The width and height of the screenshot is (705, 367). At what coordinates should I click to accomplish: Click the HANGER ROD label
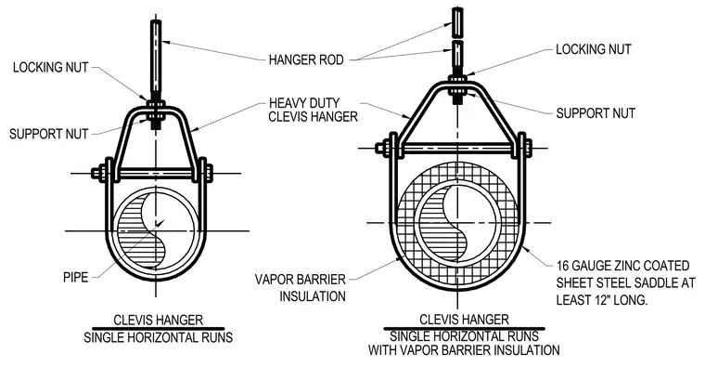(x=306, y=59)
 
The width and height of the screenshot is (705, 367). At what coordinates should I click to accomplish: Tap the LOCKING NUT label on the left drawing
(x=50, y=68)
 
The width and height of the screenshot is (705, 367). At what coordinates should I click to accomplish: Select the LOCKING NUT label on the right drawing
(x=594, y=49)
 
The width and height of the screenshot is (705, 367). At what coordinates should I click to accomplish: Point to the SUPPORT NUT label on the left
(x=48, y=134)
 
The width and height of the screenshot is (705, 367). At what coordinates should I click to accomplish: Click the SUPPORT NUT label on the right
(x=596, y=113)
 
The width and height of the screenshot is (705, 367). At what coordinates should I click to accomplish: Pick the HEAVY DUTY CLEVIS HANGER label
(x=313, y=110)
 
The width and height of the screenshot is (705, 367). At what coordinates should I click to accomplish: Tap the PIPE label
(x=75, y=278)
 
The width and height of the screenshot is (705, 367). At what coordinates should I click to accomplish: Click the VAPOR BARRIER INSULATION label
(x=301, y=288)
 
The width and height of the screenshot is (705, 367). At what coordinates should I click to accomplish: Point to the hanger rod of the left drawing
(x=156, y=59)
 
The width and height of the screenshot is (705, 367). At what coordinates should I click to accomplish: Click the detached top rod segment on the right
(x=457, y=21)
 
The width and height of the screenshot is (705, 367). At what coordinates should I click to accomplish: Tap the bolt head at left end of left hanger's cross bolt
(x=97, y=173)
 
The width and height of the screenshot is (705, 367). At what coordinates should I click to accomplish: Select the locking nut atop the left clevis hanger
(x=156, y=103)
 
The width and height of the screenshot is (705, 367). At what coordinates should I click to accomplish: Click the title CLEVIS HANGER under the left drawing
(x=159, y=321)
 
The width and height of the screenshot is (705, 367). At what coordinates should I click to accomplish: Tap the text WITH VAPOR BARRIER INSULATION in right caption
(x=464, y=350)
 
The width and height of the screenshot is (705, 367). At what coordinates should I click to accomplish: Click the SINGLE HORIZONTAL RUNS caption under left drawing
(x=159, y=337)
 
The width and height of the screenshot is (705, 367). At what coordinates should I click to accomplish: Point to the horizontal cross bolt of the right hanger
(x=457, y=148)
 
